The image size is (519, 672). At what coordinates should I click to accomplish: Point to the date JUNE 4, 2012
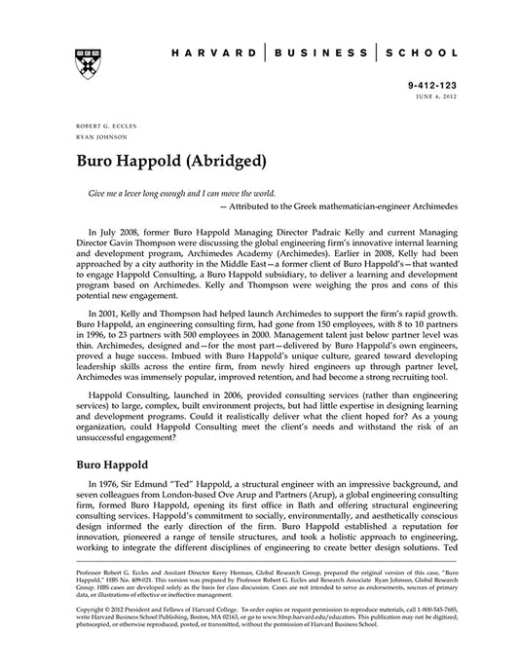click(443, 97)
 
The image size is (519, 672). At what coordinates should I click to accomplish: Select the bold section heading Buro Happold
click(114, 465)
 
